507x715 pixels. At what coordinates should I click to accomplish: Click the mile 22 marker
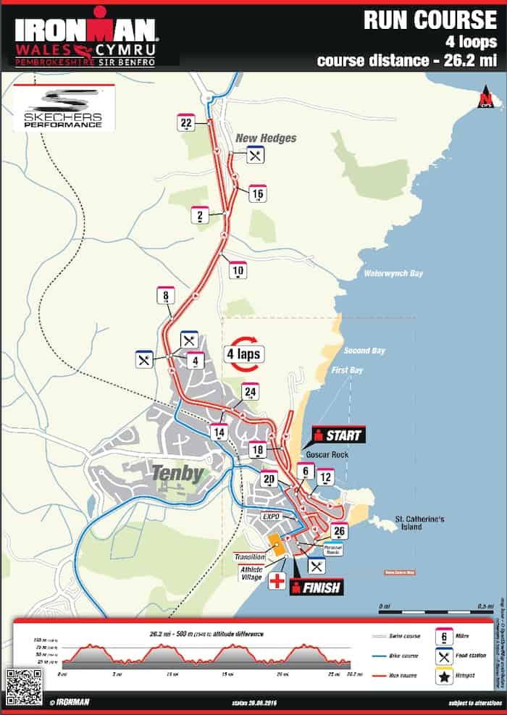tap(186, 123)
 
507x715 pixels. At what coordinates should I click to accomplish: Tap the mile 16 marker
tap(257, 193)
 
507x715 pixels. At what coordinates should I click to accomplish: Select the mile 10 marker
tap(237, 270)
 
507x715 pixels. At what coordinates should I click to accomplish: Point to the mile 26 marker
tap(339, 530)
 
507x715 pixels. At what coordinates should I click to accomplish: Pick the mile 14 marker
tap(218, 432)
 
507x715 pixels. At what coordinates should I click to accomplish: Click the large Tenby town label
tap(178, 473)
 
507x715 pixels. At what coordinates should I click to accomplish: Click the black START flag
tap(339, 435)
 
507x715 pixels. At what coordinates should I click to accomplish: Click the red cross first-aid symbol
tap(276, 582)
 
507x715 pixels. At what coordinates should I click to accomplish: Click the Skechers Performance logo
tap(64, 109)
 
